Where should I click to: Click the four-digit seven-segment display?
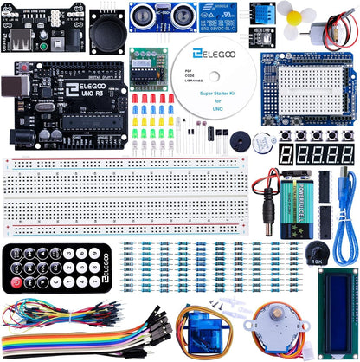(321, 155)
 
